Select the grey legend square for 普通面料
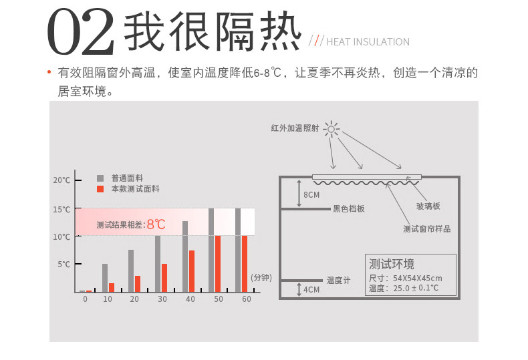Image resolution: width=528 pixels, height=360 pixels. [x=100, y=178]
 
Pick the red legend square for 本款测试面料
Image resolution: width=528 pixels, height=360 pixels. [x=100, y=189]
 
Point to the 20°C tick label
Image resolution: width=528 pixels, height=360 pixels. [x=61, y=180]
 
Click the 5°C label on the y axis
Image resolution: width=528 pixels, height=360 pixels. [x=63, y=264]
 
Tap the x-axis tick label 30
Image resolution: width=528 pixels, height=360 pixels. [x=162, y=299]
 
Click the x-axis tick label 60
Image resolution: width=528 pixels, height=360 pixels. [x=247, y=299]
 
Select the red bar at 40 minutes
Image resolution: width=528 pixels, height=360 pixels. [x=191, y=271]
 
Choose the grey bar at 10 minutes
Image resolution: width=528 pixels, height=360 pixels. [x=105, y=278]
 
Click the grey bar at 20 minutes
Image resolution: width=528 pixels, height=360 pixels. [x=131, y=271]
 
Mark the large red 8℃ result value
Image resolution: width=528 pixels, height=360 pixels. [x=156, y=224]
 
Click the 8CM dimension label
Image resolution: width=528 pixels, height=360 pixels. [x=311, y=195]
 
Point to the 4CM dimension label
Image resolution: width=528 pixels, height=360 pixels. [x=311, y=290]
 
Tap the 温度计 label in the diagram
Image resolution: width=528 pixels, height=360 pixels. [x=338, y=281]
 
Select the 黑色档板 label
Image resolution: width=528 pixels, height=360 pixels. [x=349, y=209]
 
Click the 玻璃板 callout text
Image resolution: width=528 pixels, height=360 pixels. [x=428, y=206]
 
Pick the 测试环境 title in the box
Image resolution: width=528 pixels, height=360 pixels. [x=392, y=263]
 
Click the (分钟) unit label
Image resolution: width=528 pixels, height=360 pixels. [x=261, y=277]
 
